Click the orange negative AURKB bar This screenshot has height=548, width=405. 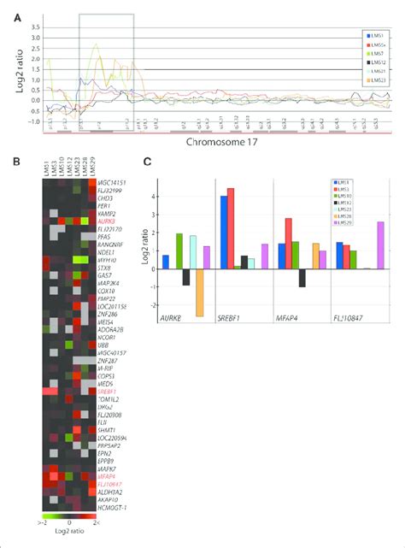click(200, 292)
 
